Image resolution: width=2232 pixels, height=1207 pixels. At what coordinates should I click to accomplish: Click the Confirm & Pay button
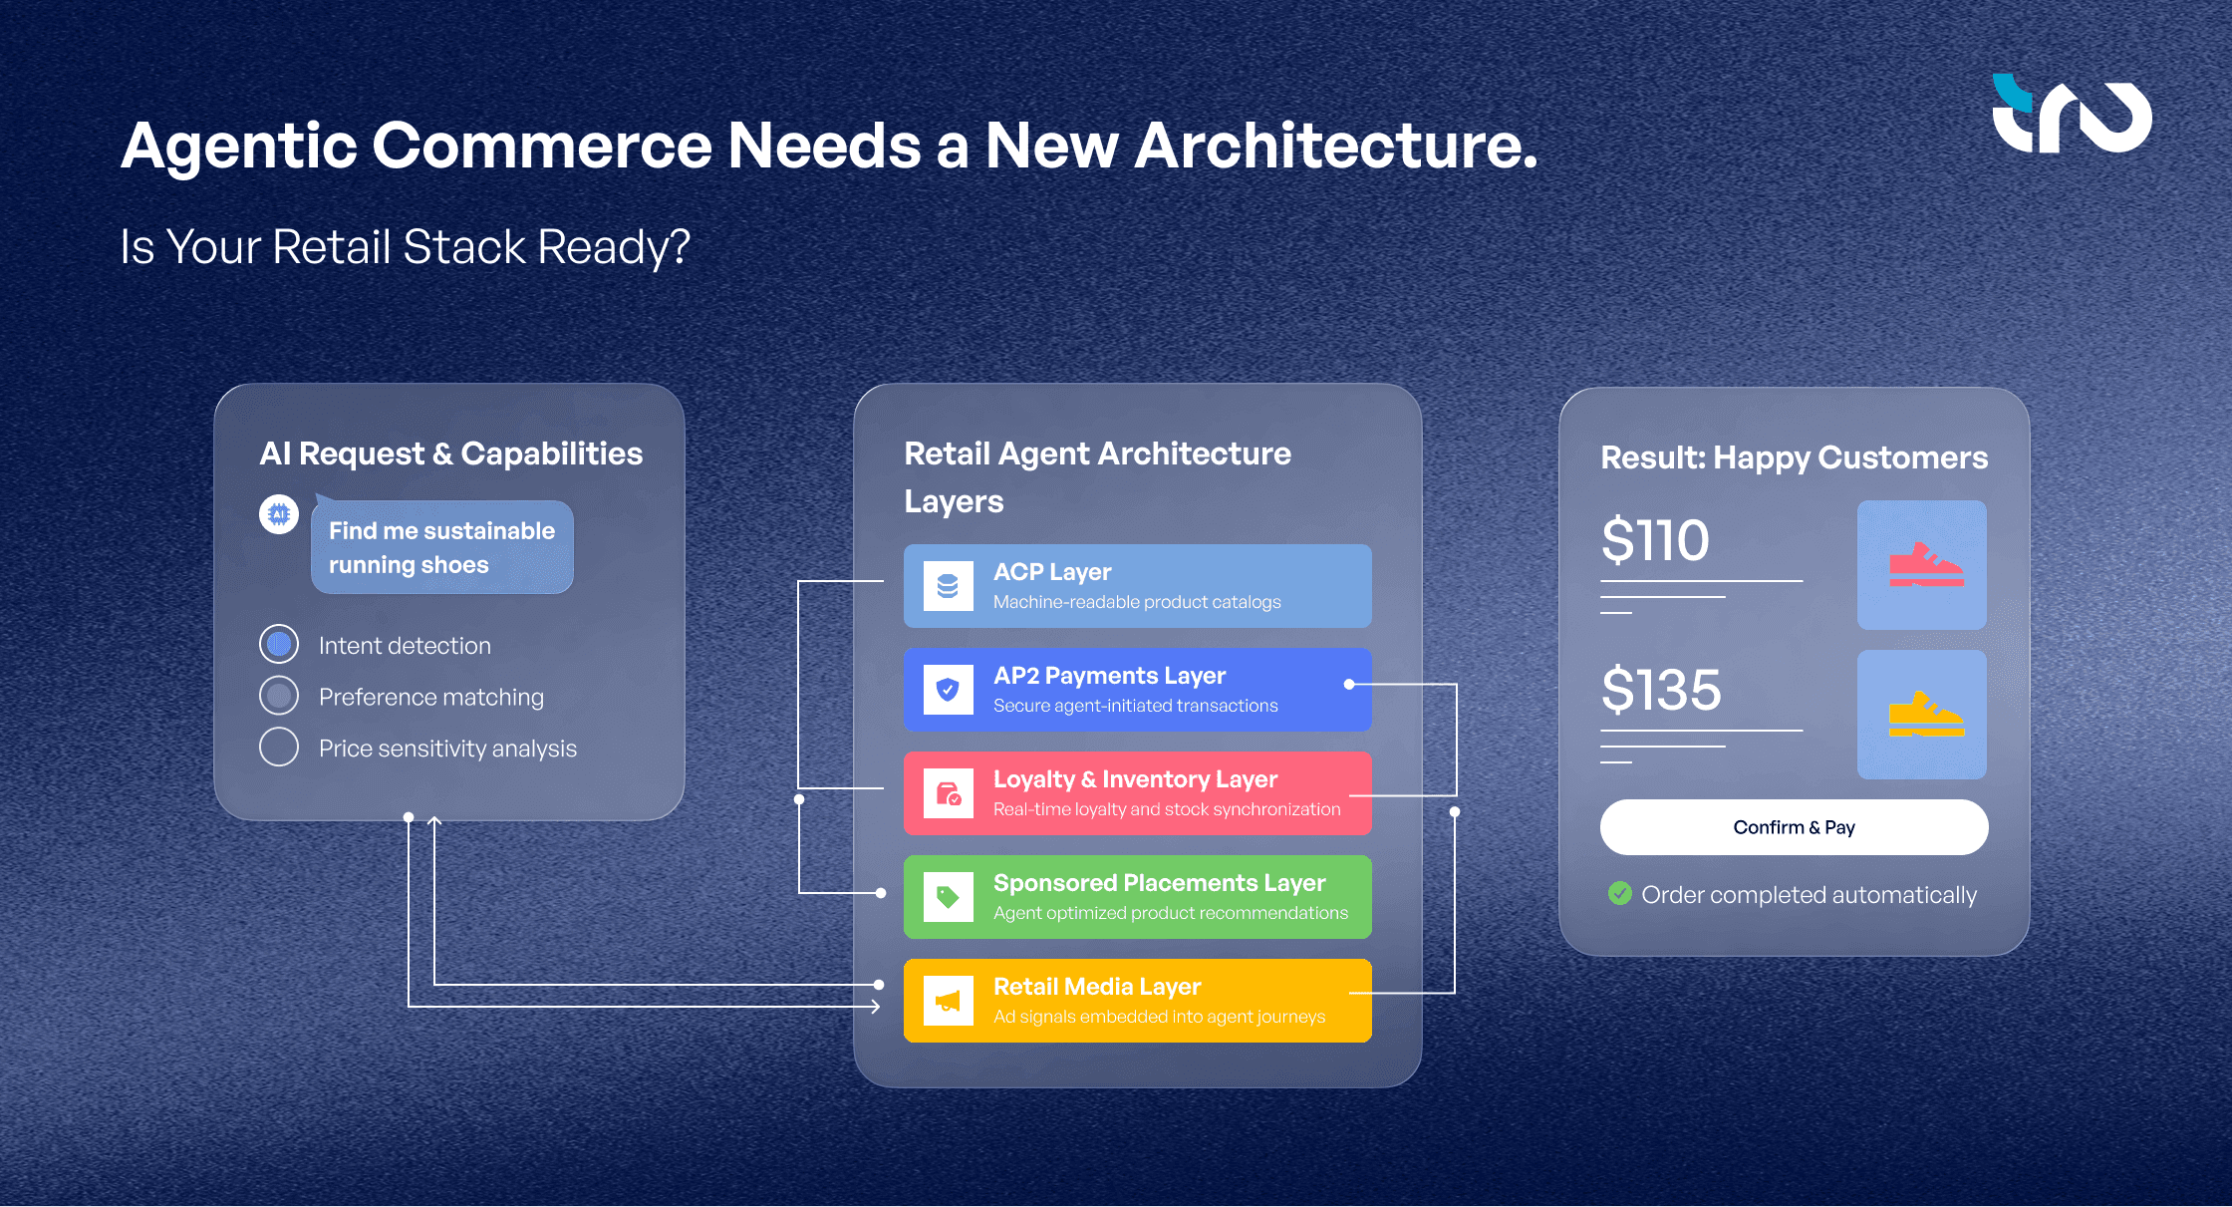1794,827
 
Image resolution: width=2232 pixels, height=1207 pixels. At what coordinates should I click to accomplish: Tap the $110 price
1655,540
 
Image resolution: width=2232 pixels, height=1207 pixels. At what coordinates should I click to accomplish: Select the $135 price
1661,690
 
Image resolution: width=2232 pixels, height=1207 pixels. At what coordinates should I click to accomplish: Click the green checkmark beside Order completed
1620,893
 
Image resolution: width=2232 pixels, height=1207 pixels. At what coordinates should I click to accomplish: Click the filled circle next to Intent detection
279,645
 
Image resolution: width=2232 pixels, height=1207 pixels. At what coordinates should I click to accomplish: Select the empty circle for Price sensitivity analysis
279,747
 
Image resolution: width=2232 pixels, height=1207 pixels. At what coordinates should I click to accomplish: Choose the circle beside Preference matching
279,696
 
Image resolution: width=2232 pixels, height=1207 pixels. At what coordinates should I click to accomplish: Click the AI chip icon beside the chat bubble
279,514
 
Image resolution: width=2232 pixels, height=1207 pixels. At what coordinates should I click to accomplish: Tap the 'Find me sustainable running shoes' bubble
442,547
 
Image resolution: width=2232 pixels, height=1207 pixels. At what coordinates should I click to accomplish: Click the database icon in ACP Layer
948,586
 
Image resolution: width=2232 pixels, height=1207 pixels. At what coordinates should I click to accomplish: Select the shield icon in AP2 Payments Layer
948,690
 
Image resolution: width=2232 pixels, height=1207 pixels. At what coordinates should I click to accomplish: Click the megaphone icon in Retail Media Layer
948,1001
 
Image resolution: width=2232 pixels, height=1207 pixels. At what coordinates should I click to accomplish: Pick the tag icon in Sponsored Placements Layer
948,897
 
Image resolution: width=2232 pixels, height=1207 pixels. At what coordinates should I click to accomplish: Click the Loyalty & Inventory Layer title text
1135,779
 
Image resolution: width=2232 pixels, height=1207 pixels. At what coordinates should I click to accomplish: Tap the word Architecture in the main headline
1335,147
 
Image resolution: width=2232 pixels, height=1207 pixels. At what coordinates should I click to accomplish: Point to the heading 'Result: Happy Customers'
1794,457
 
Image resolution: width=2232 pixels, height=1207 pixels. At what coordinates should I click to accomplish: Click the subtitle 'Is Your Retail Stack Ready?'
405,247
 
